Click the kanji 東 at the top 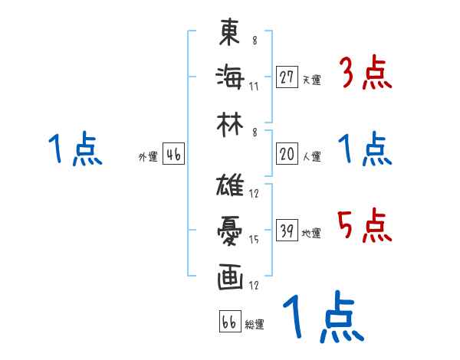coord(231,33)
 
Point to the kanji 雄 coord(231,186)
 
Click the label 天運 coord(311,80)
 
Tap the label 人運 coord(311,157)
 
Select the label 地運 coord(311,234)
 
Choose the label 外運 coord(147,158)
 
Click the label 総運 coord(255,325)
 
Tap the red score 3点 coord(365,74)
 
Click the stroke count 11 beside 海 coord(254,86)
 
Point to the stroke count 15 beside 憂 coord(254,240)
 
